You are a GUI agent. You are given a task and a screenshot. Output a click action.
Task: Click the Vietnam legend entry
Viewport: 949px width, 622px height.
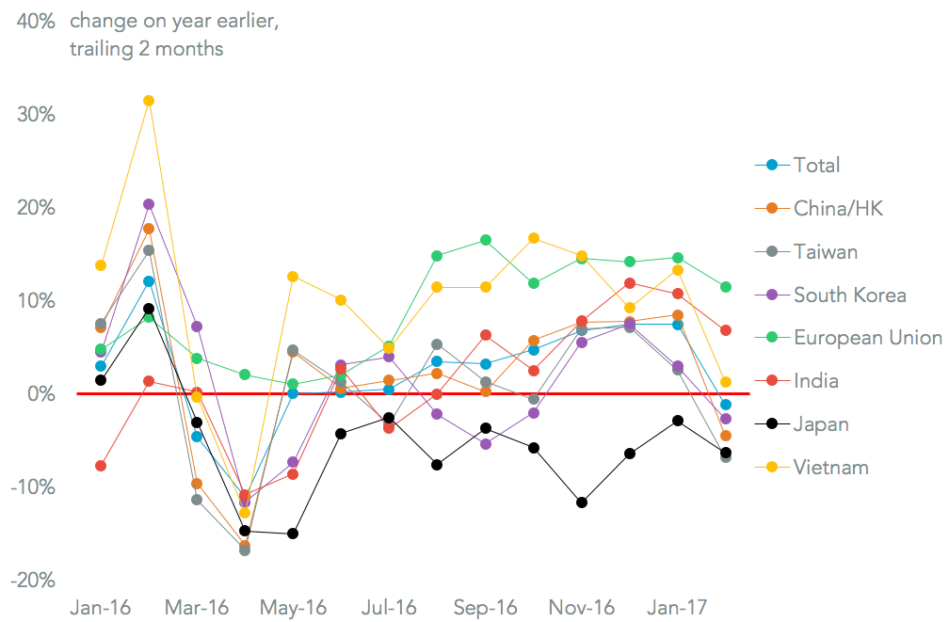(830, 467)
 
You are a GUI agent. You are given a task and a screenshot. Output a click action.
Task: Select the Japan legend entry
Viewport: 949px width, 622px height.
(821, 423)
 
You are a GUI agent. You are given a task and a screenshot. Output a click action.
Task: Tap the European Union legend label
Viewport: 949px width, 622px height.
(867, 337)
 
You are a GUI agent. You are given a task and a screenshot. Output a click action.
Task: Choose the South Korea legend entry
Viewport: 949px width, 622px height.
(849, 295)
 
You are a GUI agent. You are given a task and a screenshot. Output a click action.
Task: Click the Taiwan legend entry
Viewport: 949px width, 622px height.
(826, 251)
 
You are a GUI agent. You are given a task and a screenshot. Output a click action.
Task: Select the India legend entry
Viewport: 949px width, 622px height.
(815, 380)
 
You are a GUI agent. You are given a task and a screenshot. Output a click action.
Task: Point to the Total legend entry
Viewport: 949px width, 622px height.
(816, 165)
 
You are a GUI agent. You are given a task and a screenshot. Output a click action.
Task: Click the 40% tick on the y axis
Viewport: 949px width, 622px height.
(33, 21)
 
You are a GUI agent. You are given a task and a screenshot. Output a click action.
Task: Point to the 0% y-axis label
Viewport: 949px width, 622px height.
(40, 393)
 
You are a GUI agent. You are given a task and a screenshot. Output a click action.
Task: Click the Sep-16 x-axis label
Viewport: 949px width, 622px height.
(485, 608)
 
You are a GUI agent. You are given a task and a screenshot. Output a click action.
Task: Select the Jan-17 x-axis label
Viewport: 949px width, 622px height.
(676, 608)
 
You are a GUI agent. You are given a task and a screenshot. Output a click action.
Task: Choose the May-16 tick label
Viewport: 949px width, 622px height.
(294, 608)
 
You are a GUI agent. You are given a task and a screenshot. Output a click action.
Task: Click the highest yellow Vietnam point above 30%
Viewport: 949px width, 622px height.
(149, 101)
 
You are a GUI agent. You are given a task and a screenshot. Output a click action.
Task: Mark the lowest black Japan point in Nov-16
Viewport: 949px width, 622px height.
(582, 502)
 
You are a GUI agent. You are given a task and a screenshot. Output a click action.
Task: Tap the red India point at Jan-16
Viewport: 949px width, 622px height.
(101, 466)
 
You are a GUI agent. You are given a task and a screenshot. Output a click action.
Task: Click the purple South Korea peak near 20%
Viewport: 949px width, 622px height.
(149, 204)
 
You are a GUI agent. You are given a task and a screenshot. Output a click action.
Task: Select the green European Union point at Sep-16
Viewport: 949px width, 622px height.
(486, 240)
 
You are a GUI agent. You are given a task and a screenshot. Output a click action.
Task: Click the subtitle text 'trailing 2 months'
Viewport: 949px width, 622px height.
(146, 49)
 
